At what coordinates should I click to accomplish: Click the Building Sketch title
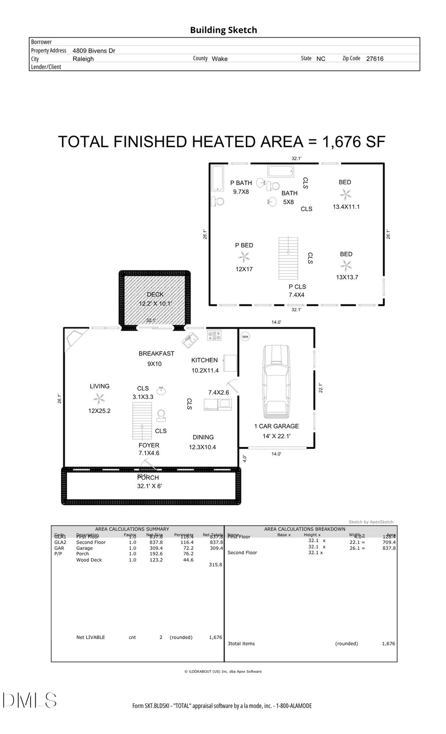pos(223,30)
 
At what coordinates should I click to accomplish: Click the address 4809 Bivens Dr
pos(94,50)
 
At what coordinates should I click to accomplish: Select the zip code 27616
pos(375,58)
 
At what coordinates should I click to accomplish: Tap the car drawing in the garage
pos(277,383)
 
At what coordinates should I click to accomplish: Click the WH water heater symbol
pos(245,337)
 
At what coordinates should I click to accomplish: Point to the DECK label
pos(155,294)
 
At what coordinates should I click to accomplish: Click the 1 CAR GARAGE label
pos(277,426)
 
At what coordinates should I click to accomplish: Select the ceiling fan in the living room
pos(100,398)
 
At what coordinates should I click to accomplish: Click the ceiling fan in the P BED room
pos(244,257)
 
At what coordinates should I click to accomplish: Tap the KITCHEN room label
pos(204,360)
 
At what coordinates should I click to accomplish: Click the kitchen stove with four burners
pos(215,336)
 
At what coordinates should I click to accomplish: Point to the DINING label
pos(203,438)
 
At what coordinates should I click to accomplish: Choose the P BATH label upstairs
pos(241,183)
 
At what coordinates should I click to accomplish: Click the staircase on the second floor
pos(288,258)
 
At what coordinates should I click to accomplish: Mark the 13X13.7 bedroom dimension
pos(347,277)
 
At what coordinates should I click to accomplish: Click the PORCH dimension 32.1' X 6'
pos(149,486)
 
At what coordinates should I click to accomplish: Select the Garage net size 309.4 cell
pos(156,548)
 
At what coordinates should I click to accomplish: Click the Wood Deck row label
pos(89,560)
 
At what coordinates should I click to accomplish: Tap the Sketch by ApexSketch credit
pos(371,522)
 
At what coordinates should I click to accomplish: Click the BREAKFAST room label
pos(156,353)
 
